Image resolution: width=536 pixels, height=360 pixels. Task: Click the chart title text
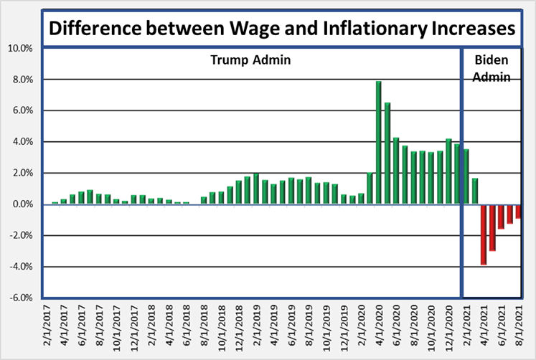tap(282, 29)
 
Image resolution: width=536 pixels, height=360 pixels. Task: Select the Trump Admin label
tap(250, 60)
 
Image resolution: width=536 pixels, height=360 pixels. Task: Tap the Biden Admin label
tap(492, 68)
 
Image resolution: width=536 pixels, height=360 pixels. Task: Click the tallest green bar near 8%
tap(378, 143)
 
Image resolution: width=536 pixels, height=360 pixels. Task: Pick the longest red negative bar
tap(484, 235)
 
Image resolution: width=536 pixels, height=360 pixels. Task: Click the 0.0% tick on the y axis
tap(22, 204)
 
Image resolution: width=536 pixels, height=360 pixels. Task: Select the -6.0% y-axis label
tap(20, 298)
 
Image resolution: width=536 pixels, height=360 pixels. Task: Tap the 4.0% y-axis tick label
tap(22, 142)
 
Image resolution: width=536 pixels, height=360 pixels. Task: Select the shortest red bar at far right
tap(519, 212)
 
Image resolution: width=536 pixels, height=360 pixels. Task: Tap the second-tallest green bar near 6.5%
tap(387, 153)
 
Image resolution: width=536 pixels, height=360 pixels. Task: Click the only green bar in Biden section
tap(475, 191)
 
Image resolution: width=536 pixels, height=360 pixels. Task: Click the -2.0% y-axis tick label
tap(20, 235)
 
